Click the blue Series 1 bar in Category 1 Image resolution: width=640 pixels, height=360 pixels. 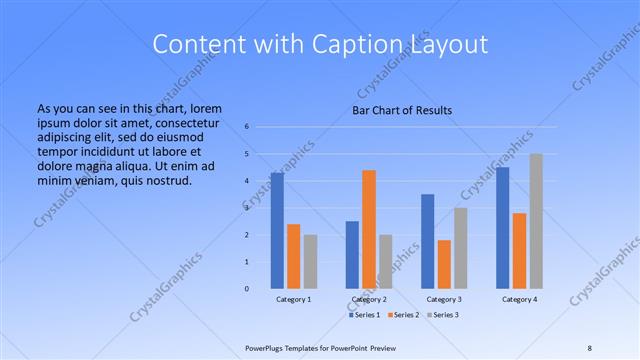click(x=277, y=231)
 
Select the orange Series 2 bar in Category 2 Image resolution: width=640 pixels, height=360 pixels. click(x=369, y=229)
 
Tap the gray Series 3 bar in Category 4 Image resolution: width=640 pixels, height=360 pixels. click(x=536, y=221)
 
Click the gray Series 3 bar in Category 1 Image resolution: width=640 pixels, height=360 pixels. click(x=310, y=262)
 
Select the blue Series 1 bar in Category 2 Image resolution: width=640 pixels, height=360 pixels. click(x=352, y=255)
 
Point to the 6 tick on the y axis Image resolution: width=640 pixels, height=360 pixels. click(x=247, y=127)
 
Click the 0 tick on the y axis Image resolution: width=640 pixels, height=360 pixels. click(x=247, y=289)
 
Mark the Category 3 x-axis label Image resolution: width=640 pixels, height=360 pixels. click(x=444, y=299)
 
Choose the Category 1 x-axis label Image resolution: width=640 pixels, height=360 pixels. click(x=293, y=299)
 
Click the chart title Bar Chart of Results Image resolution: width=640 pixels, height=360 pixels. click(x=403, y=109)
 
